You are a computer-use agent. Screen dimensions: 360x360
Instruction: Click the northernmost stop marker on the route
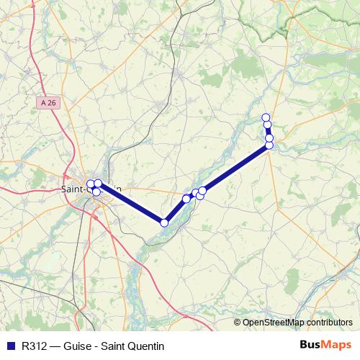click(266, 117)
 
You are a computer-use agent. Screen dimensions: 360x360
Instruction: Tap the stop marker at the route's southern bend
click(164, 222)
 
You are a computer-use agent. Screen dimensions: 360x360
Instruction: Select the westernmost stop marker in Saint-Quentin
click(91, 184)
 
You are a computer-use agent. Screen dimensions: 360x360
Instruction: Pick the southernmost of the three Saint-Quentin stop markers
click(96, 192)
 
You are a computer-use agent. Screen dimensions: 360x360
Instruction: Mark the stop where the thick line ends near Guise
click(269, 145)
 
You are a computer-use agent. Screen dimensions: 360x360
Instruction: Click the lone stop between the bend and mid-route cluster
click(186, 199)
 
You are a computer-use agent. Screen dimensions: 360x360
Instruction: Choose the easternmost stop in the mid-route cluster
click(202, 191)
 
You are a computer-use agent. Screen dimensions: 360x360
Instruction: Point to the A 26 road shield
click(48, 103)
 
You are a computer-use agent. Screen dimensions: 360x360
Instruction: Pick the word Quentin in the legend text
click(146, 345)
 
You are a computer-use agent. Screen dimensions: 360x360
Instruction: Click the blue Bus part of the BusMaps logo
click(311, 344)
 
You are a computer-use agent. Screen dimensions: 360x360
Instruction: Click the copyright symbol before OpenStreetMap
click(237, 323)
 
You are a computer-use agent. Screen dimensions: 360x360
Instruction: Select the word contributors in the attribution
click(329, 323)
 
